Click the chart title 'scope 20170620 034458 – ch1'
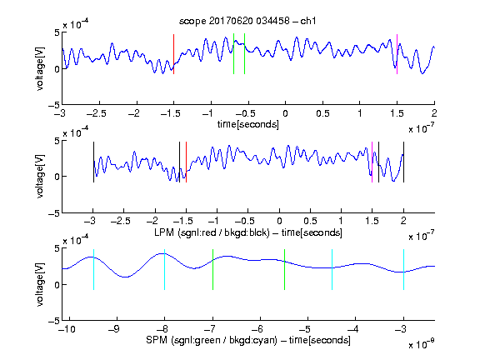pos(247,21)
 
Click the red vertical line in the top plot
pos(173,54)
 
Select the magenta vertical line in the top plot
pos(397,54)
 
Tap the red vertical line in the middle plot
pos(186,162)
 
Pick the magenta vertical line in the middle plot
pos(372,162)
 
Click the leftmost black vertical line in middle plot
pos(93,162)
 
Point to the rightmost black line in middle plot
pos(403,162)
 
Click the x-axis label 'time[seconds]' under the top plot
pos(248,125)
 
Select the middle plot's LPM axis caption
pos(248,232)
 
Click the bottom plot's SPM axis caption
pos(248,340)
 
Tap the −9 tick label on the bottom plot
pos(114,329)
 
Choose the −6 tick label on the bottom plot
pos(257,329)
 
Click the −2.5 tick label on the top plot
pos(97,113)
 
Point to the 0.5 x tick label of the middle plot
pos(310,222)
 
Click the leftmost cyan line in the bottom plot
pos(93,270)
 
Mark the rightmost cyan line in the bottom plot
pos(403,270)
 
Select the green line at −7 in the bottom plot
pos(212,270)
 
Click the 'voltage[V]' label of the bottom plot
pos(40,285)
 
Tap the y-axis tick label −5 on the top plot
pos(54,106)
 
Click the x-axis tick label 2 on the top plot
pos(434,113)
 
